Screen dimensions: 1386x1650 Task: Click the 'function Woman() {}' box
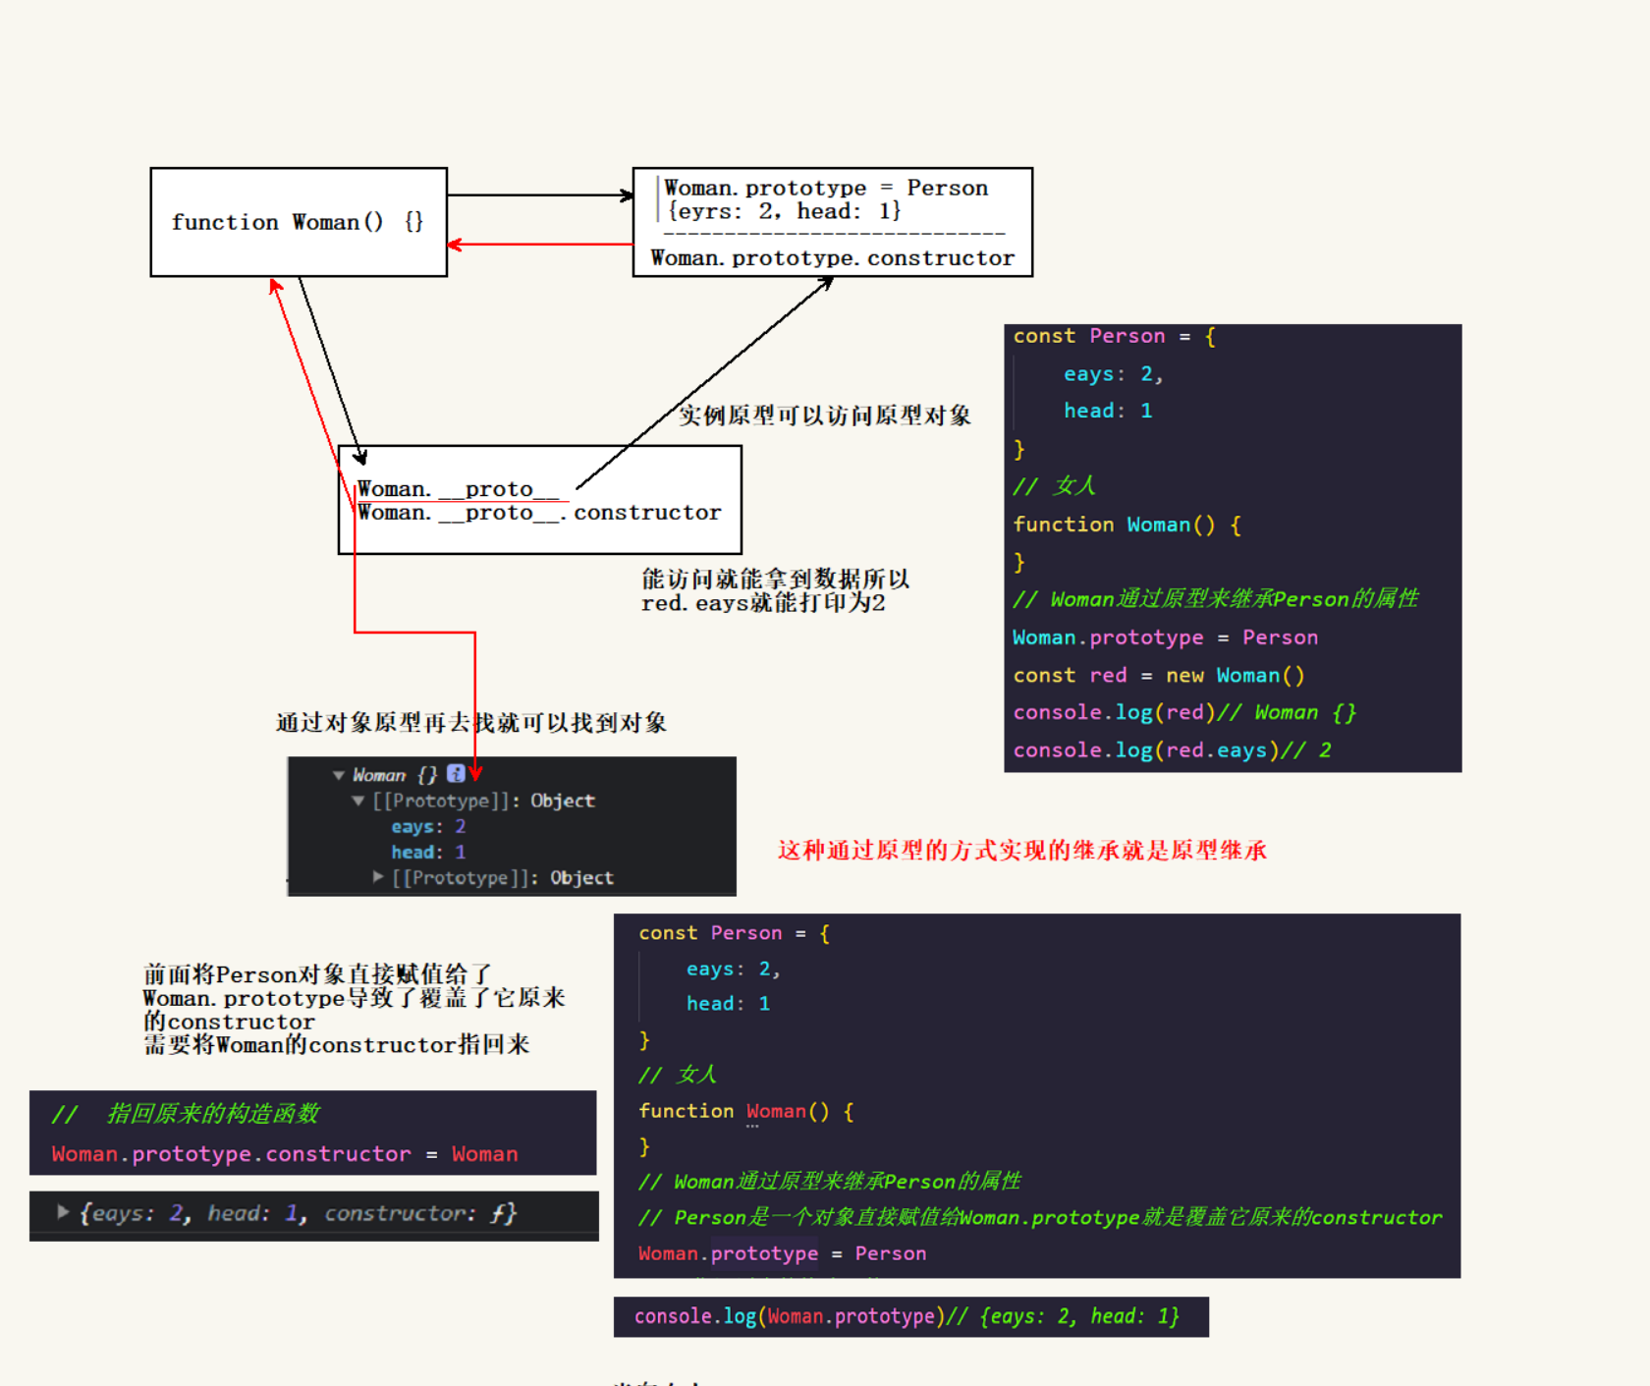(298, 222)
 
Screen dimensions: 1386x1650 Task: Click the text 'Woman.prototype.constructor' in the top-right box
(832, 258)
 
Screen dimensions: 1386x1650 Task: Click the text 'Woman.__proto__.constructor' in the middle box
(539, 513)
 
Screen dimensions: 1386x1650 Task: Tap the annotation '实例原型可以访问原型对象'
(824, 416)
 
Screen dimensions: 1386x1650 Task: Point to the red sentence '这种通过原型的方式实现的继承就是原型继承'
(1021, 851)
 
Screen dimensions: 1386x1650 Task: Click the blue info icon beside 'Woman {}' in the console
(456, 774)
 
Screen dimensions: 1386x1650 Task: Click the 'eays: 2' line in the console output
(428, 827)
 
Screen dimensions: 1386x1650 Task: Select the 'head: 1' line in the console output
(428, 853)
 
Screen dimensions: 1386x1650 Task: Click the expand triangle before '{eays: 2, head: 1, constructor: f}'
(63, 1212)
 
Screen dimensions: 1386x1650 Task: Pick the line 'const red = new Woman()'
(1158, 676)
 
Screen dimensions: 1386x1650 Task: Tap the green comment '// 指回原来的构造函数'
(187, 1114)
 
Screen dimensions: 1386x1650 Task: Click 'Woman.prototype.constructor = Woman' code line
(285, 1154)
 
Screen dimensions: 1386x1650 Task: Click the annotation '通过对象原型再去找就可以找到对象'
(471, 724)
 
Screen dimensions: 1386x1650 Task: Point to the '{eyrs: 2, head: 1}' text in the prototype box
(784, 211)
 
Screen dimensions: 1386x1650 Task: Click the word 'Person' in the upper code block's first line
(1127, 336)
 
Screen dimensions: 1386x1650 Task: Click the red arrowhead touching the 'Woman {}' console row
(475, 773)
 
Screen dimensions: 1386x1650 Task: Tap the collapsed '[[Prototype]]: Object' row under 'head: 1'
(502, 878)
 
